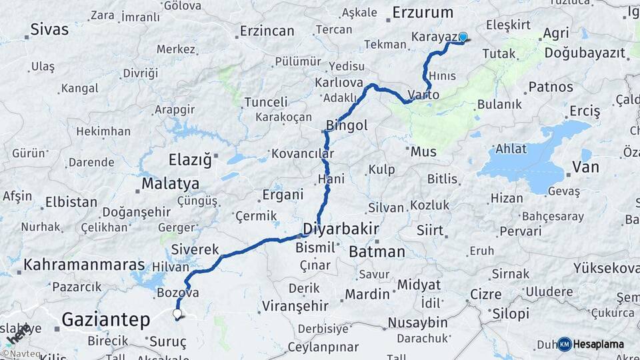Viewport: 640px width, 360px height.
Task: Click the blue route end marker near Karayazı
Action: point(463,37)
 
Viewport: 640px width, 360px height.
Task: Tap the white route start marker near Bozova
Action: point(177,313)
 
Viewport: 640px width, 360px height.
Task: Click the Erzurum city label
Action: point(423,13)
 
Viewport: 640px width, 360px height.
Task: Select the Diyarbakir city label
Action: point(341,229)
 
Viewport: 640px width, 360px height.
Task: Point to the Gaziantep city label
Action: point(106,320)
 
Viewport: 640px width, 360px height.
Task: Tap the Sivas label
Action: point(49,29)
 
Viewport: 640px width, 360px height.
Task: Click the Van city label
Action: point(585,167)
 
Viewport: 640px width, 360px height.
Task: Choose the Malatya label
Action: point(170,183)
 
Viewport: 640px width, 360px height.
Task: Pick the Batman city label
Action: point(377,252)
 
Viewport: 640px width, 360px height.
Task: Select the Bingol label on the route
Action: point(347,125)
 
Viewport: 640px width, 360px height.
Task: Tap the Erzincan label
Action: point(267,31)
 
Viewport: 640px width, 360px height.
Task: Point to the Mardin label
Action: point(367,294)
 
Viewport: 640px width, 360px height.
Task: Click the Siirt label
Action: point(429,231)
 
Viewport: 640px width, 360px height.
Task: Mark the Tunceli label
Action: point(266,102)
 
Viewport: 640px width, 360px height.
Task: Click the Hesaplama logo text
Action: point(599,345)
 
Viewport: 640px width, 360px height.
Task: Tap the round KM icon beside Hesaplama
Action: point(565,345)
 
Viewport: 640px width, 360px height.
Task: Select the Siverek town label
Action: point(195,249)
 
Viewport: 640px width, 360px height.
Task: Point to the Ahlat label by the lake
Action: point(510,149)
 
